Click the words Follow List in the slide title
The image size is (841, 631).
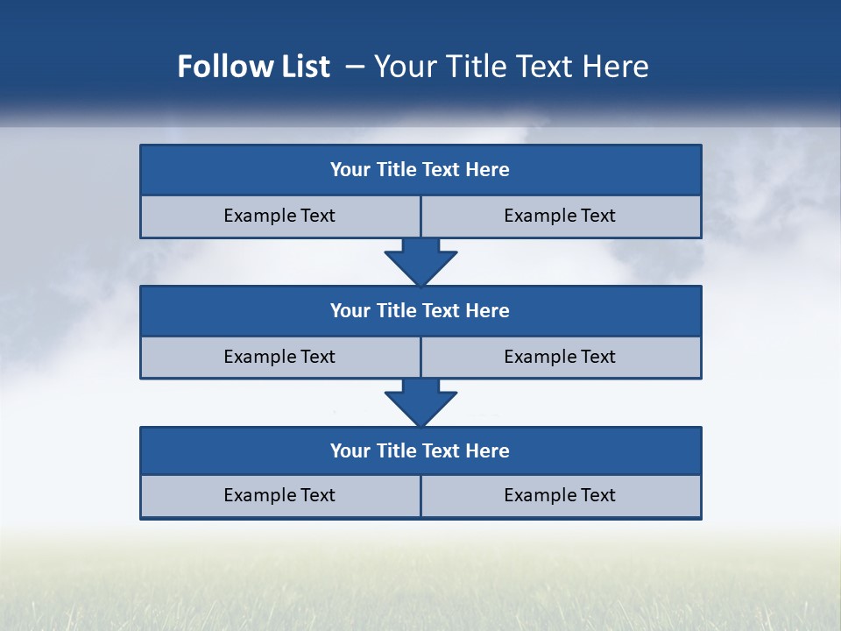pos(253,67)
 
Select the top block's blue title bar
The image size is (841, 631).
pos(420,170)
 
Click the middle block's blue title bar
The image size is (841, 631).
pos(420,310)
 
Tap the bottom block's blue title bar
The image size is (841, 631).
pos(420,450)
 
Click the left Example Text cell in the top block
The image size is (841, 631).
pos(280,216)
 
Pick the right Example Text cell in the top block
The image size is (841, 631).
pos(561,216)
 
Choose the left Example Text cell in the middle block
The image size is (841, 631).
pos(280,357)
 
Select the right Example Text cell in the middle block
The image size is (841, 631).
pos(561,357)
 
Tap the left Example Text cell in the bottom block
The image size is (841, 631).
pos(280,495)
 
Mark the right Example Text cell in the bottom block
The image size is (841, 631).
pos(561,495)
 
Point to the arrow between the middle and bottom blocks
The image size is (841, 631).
pos(420,402)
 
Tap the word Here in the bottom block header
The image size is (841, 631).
pos(488,450)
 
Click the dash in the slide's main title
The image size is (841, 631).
pos(355,67)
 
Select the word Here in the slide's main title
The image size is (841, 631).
pos(617,67)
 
